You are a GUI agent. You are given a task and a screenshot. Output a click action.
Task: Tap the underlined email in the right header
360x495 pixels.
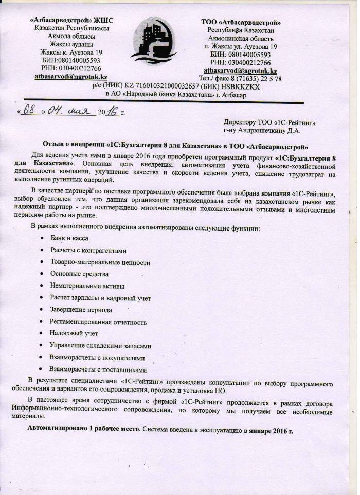point(240,70)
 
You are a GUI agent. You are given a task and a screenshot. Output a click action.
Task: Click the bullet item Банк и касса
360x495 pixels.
point(69,239)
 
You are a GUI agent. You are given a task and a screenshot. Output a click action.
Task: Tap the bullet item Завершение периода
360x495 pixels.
point(81,310)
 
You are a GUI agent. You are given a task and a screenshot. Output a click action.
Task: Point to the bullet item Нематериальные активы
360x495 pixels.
point(87,286)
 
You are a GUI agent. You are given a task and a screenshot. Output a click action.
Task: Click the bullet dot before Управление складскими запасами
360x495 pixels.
point(42,346)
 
